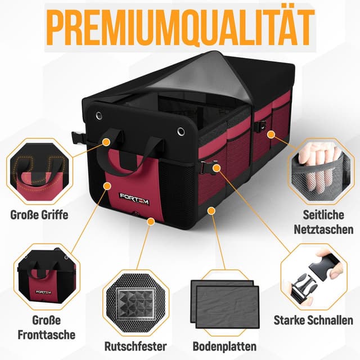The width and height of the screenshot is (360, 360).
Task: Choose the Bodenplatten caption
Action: (x=224, y=346)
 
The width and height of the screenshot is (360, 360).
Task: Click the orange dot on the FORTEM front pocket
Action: (x=106, y=184)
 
